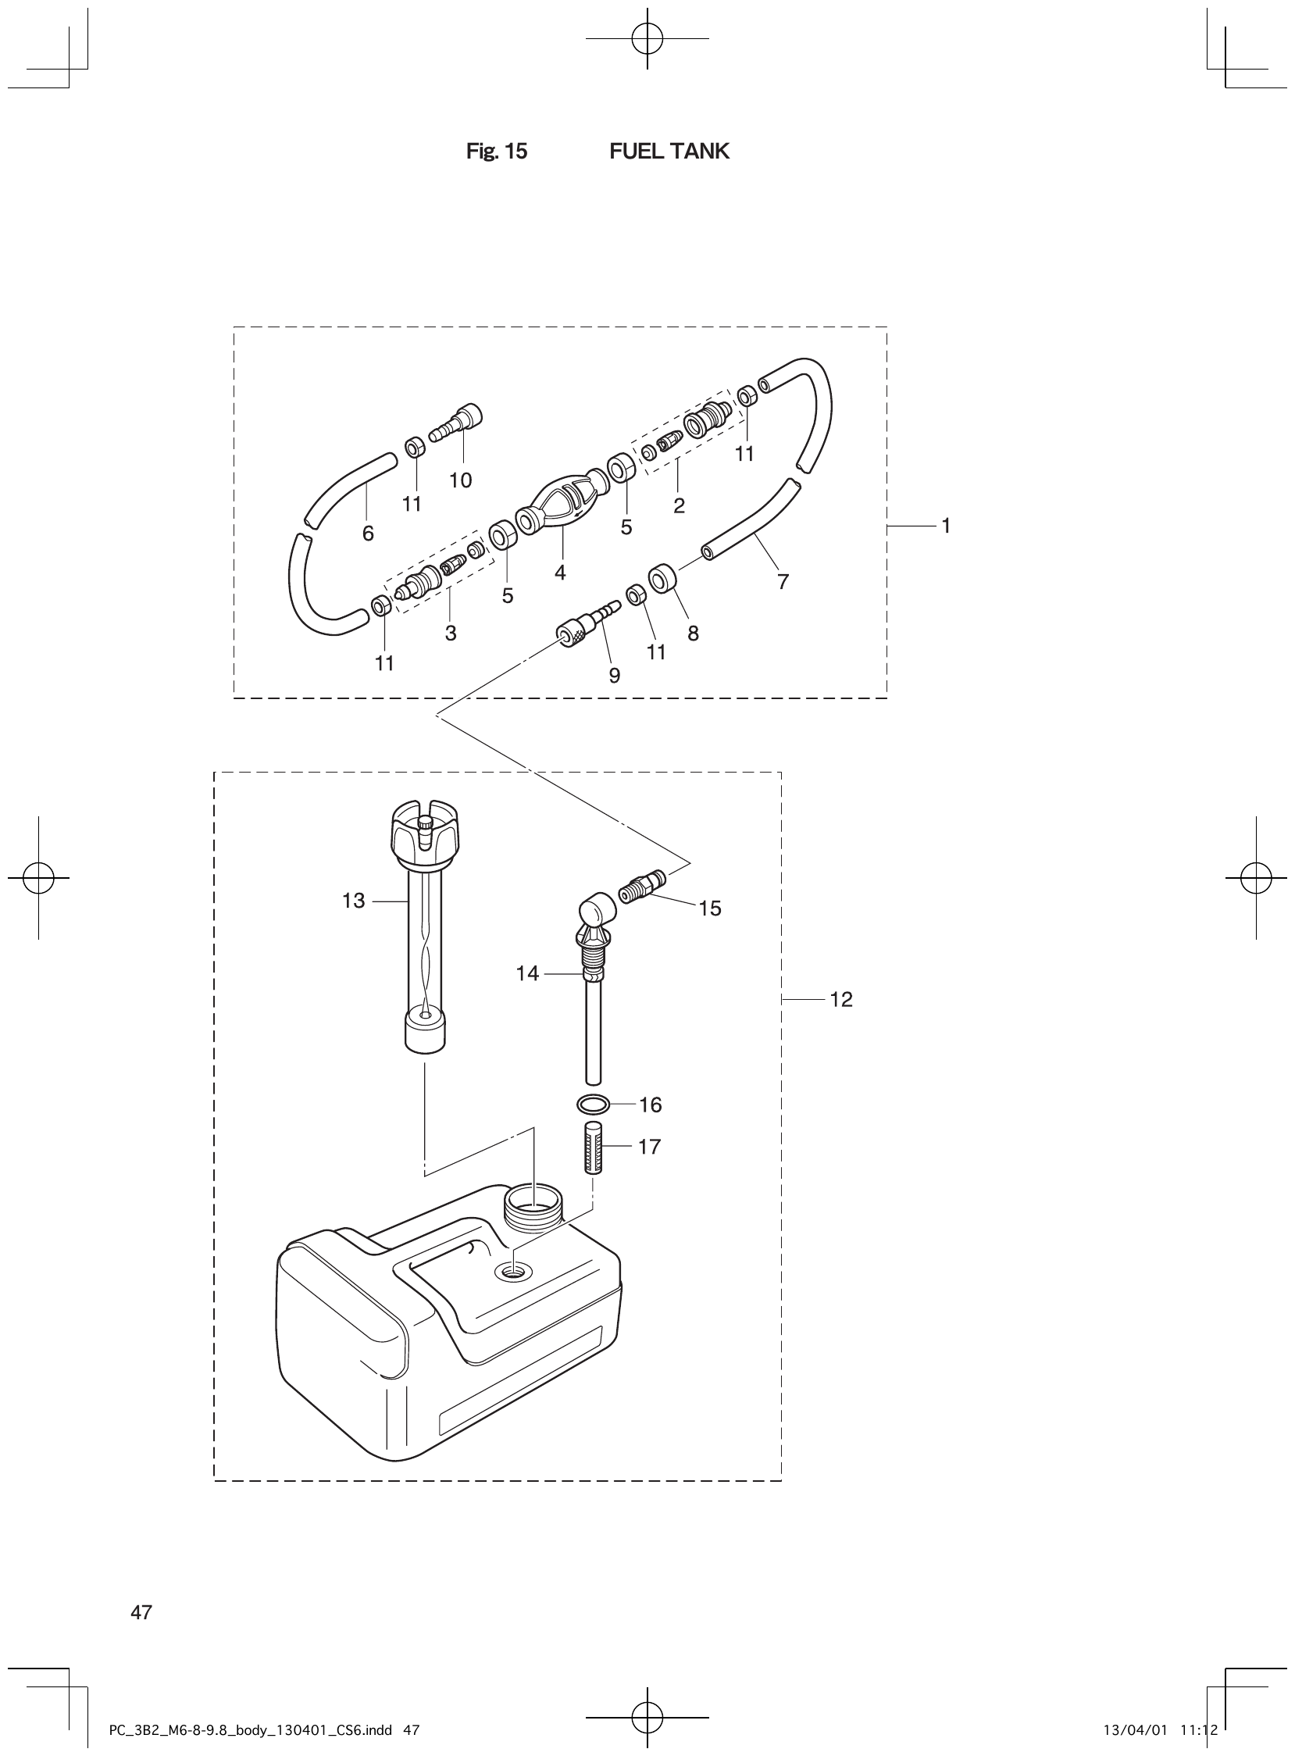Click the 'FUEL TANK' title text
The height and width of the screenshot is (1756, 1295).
click(669, 152)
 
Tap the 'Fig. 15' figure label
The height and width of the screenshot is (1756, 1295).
click(496, 152)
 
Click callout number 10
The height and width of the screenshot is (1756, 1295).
click(460, 480)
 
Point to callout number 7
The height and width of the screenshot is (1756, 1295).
click(783, 582)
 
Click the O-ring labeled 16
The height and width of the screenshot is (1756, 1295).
click(593, 1104)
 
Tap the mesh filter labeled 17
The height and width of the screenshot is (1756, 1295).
click(593, 1147)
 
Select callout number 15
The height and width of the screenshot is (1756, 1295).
click(709, 908)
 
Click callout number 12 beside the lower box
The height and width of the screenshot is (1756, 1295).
click(840, 1000)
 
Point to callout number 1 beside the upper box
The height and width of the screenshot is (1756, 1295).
click(946, 526)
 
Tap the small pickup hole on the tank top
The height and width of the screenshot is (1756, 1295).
click(513, 1271)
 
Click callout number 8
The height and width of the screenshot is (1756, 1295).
click(693, 634)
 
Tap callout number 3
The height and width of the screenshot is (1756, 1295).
click(451, 634)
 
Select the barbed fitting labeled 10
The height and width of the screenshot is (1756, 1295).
click(457, 423)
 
